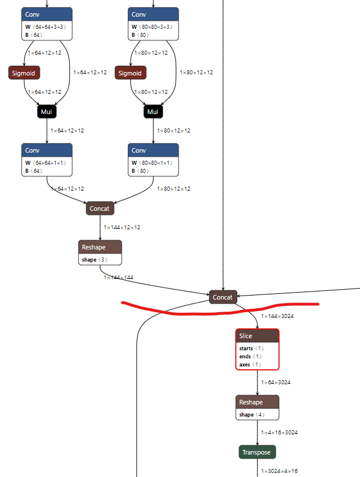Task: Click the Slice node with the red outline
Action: (x=257, y=336)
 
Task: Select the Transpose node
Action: (x=257, y=452)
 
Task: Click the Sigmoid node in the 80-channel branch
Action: (x=130, y=73)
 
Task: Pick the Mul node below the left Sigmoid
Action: (x=47, y=111)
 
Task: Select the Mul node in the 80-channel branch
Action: (x=153, y=111)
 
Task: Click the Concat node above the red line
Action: (x=222, y=297)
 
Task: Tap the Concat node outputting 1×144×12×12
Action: (x=100, y=209)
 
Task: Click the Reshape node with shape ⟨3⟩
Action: (x=100, y=247)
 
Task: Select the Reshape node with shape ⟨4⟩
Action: (x=257, y=402)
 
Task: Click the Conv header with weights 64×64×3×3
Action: (x=47, y=14)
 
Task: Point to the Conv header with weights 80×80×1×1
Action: (x=153, y=150)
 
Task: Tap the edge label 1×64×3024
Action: (x=276, y=383)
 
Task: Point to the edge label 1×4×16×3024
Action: (x=279, y=432)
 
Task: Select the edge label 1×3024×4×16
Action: (x=279, y=471)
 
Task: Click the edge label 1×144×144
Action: (x=119, y=278)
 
